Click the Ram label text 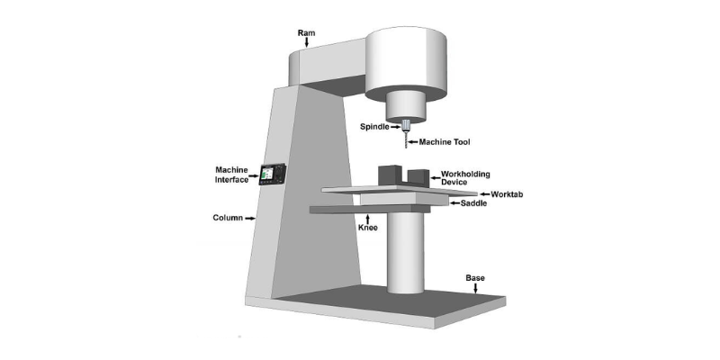tap(306, 33)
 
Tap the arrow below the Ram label tap(306, 42)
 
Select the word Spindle tap(374, 126)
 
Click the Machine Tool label tap(445, 142)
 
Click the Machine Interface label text tap(232, 175)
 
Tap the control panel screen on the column tap(266, 174)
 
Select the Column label tap(228, 218)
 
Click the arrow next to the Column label tap(250, 219)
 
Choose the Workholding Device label tap(465, 178)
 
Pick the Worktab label tap(507, 194)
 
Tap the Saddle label tap(473, 203)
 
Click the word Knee tap(367, 228)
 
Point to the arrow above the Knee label tap(367, 218)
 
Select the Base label tap(475, 278)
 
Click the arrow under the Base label tap(475, 288)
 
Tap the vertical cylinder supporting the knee tap(405, 253)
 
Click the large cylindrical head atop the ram tap(406, 63)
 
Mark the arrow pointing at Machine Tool tap(413, 142)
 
